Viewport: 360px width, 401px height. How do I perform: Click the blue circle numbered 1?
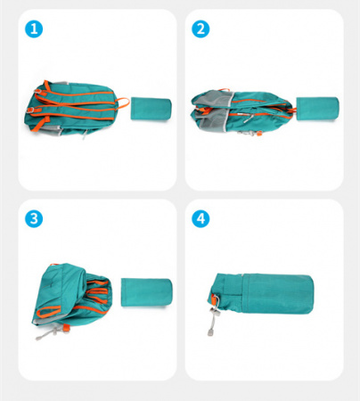[x=34, y=29]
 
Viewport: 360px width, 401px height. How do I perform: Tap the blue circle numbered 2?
[x=200, y=29]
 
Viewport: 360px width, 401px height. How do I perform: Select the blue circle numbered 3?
[x=34, y=219]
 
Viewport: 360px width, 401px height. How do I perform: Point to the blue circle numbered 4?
[x=200, y=219]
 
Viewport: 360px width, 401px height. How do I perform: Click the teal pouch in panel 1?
[x=151, y=109]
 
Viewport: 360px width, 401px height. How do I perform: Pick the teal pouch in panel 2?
[x=317, y=109]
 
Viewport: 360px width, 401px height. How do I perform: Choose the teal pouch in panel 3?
[x=146, y=292]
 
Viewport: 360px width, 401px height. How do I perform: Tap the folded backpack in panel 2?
[x=243, y=112]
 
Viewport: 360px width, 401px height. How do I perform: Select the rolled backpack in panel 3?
[x=73, y=297]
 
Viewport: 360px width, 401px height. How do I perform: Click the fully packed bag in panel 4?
[x=261, y=295]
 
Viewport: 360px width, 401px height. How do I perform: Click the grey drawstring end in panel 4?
[x=210, y=332]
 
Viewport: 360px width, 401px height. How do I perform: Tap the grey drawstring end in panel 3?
[x=39, y=338]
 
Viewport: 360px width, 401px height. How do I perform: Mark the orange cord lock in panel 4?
[x=214, y=299]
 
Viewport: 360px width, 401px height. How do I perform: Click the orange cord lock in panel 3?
[x=66, y=328]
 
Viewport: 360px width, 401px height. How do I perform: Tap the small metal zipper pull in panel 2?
[x=248, y=119]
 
